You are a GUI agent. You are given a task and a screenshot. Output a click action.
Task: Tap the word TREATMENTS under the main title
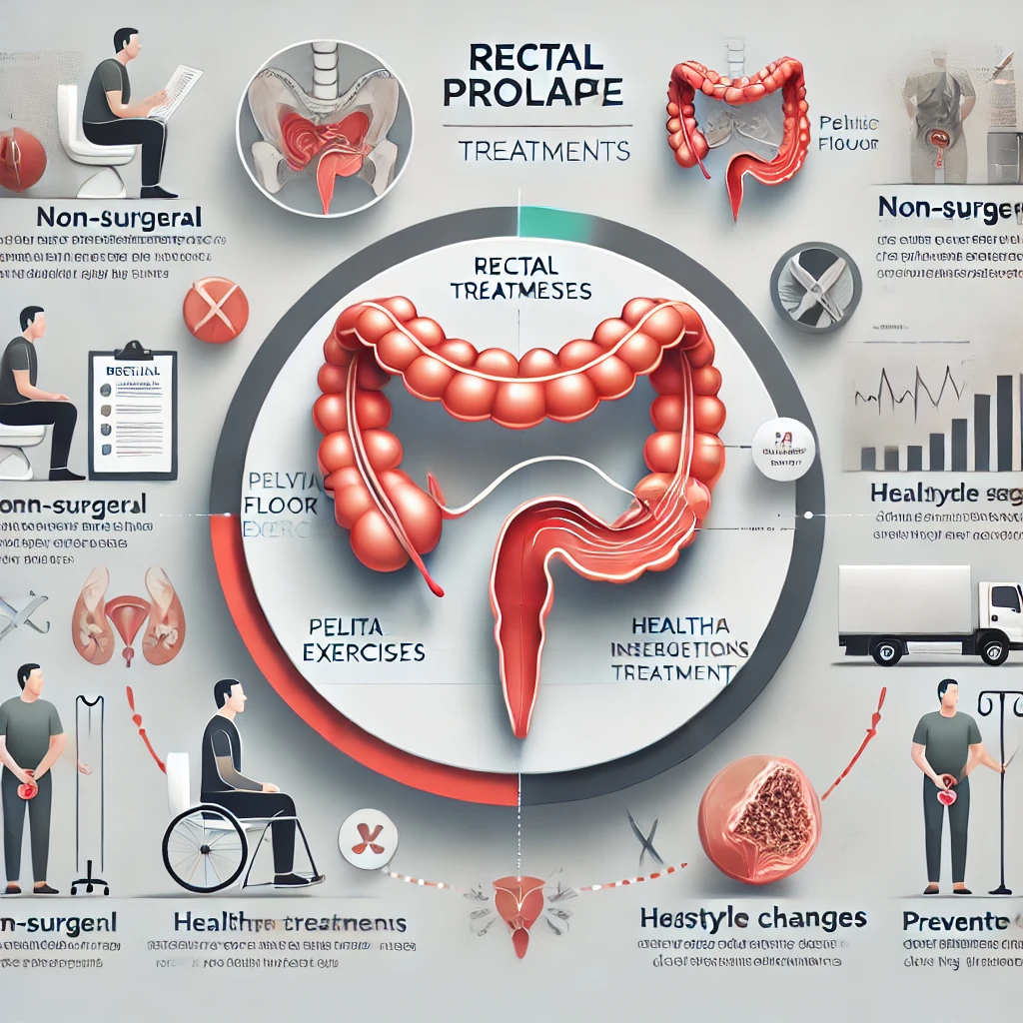(543, 151)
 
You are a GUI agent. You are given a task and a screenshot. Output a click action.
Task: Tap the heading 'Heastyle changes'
(752, 918)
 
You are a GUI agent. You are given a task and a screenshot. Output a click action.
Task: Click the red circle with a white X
(216, 309)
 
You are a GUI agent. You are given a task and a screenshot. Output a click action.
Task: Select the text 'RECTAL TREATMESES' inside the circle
(520, 280)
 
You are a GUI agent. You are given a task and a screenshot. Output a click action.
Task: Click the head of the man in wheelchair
(228, 695)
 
